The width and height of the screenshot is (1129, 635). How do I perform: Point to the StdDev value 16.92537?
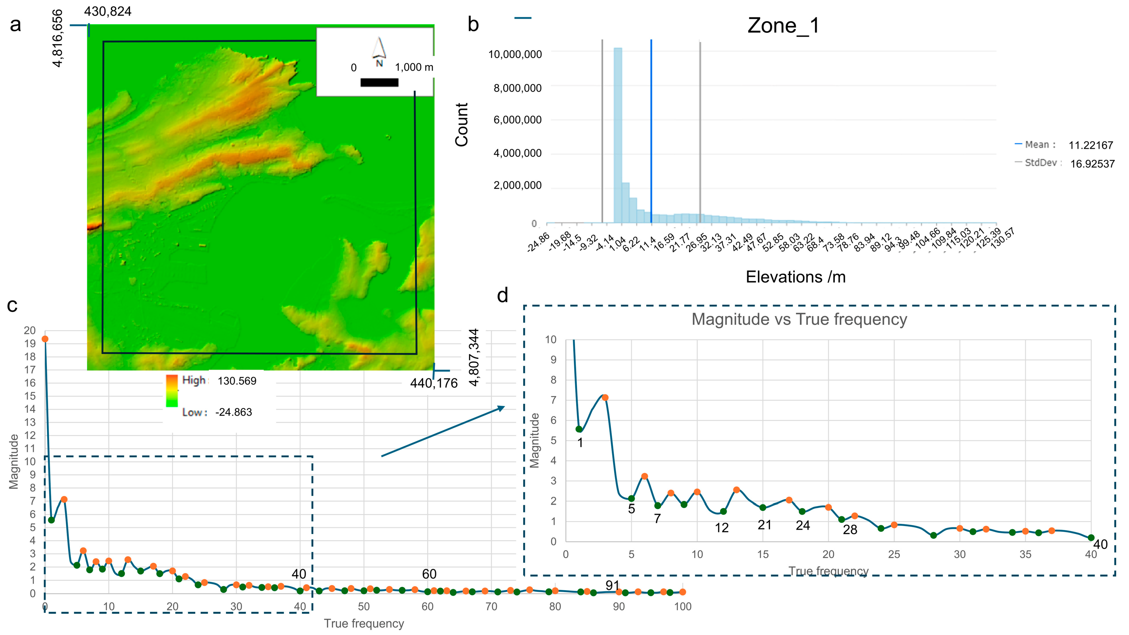pos(1092,164)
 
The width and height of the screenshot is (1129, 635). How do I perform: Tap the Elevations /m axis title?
pos(796,277)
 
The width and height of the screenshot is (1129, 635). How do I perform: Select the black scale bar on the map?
pos(379,82)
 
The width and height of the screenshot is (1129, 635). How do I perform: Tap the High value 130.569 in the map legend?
pos(237,381)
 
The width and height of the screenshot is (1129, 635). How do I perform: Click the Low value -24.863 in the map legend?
pos(234,412)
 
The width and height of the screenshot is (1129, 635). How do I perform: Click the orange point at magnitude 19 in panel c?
pos(45,339)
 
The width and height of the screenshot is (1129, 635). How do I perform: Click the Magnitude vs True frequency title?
pos(799,319)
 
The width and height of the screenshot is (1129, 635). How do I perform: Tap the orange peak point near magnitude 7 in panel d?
pos(605,398)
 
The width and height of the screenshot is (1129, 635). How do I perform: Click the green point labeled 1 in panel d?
pos(579,429)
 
